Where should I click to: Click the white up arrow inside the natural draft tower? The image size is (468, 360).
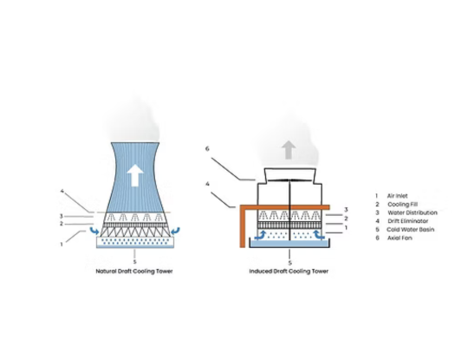tap(134, 176)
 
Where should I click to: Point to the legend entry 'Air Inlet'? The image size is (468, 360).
tap(400, 195)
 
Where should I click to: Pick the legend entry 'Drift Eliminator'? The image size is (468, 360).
tap(407, 220)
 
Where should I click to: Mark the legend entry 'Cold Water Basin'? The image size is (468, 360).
tap(408, 229)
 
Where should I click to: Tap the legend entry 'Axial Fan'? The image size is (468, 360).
tap(400, 238)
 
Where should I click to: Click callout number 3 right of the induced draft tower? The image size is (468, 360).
tap(345, 209)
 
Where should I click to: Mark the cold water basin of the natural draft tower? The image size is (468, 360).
tap(134, 246)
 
